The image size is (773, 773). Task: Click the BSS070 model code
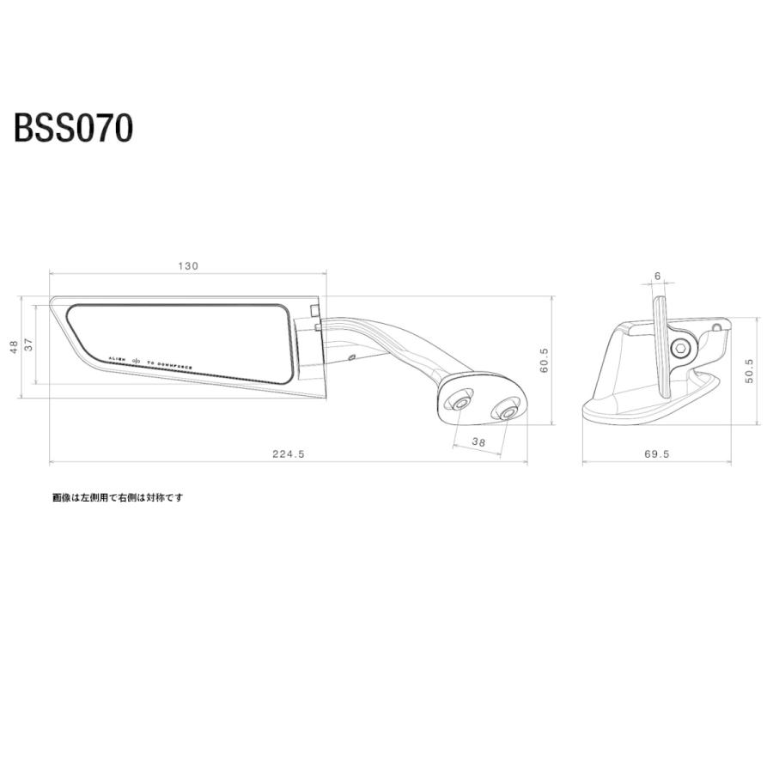point(73,128)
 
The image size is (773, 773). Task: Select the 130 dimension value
point(188,266)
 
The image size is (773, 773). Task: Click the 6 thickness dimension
point(657,276)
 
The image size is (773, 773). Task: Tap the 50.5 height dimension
point(748,371)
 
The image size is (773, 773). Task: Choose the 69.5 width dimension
point(656,454)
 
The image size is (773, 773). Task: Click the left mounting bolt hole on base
point(461,402)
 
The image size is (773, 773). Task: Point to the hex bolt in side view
point(680,348)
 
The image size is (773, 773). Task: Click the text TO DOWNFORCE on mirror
point(169,364)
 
